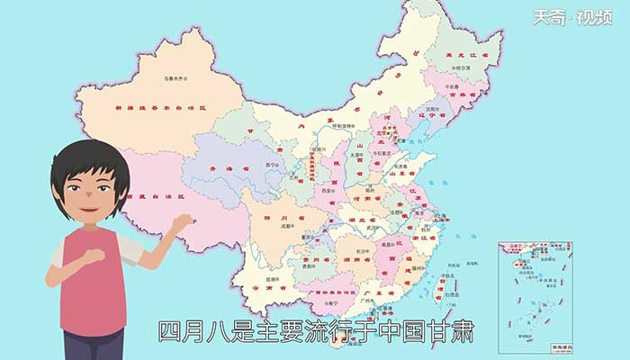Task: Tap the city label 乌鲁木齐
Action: [174, 79]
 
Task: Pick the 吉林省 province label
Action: [468, 94]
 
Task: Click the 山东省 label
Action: [413, 173]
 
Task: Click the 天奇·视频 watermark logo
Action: [585, 17]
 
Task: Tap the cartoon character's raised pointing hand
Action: [183, 221]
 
